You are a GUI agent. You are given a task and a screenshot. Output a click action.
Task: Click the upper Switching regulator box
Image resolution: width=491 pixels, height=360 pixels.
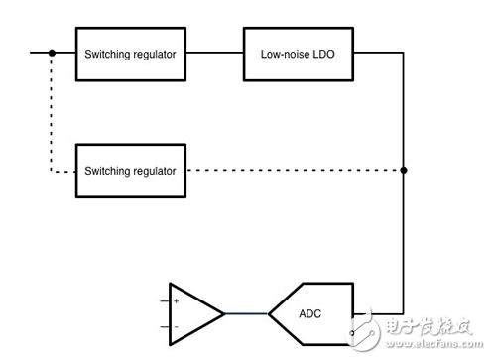click(131, 54)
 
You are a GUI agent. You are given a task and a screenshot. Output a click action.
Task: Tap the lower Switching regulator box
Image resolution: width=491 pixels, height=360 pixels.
click(131, 171)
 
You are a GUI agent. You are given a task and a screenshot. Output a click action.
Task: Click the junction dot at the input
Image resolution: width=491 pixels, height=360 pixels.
click(52, 54)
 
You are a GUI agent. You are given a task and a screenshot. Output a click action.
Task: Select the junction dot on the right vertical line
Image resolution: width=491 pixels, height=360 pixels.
click(404, 171)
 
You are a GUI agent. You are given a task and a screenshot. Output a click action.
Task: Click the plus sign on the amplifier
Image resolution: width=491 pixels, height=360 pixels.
click(177, 300)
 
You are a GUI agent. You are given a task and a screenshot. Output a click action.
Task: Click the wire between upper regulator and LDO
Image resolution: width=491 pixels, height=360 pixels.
click(214, 54)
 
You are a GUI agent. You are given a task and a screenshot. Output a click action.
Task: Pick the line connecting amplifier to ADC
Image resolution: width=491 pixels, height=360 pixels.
click(246, 314)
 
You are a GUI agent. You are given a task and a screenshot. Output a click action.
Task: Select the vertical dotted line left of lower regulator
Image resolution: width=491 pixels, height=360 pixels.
click(52, 114)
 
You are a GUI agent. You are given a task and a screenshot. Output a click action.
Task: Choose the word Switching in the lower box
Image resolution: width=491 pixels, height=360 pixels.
click(107, 171)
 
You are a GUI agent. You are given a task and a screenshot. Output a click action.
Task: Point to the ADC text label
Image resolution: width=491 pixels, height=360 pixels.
click(310, 314)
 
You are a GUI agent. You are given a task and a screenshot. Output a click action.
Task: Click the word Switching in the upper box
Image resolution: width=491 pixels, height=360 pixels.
click(107, 54)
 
